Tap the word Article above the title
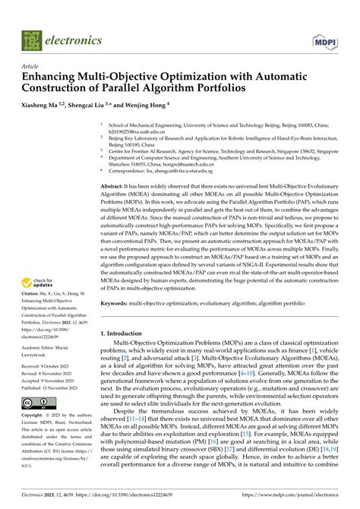click(30, 67)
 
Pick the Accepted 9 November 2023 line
click(53, 380)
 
